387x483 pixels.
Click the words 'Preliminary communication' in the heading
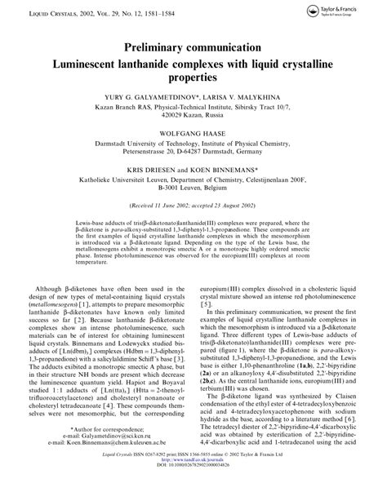tap(193, 47)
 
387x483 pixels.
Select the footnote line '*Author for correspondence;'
tap(107, 428)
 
